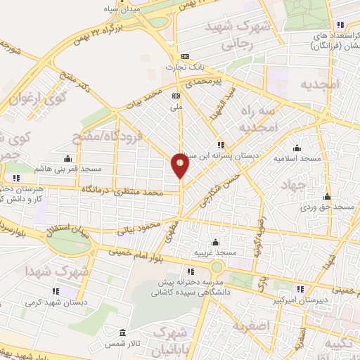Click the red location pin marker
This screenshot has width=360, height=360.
tap(181, 166)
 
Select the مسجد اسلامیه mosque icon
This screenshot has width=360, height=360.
tap(297, 148)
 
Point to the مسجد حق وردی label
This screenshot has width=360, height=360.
tap(334, 208)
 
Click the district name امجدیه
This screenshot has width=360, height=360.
tap(319, 84)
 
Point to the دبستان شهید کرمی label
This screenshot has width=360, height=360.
tap(56, 303)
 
